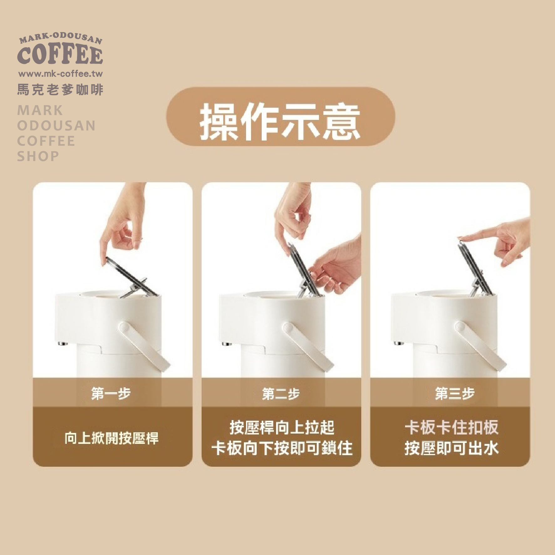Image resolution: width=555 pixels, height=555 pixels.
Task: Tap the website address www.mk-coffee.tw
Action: [60, 74]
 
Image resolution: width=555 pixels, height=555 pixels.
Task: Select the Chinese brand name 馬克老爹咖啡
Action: [60, 90]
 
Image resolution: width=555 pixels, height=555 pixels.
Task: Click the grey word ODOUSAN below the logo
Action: [56, 126]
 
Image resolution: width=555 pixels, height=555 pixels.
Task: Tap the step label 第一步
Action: [111, 394]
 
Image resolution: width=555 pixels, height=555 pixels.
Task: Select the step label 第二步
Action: [281, 394]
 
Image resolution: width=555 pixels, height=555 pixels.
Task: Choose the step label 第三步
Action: [455, 394]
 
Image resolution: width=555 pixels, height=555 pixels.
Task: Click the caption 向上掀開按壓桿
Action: [112, 438]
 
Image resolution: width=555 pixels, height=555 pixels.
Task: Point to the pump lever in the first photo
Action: [131, 277]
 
